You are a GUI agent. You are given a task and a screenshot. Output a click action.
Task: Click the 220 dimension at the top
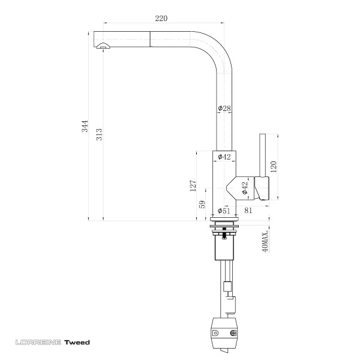pyautogui.click(x=161, y=18)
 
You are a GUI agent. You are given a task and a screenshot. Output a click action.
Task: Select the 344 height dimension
pyautogui.click(x=85, y=126)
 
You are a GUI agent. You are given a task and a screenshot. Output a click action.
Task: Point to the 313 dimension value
pyautogui.click(x=99, y=134)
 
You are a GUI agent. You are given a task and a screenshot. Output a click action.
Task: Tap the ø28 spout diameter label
pyautogui.click(x=224, y=108)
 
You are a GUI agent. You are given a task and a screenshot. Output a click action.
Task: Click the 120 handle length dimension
pyautogui.click(x=274, y=167)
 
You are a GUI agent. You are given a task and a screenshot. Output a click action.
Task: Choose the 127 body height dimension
pyautogui.click(x=193, y=186)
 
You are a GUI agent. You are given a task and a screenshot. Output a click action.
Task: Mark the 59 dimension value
pyautogui.click(x=202, y=205)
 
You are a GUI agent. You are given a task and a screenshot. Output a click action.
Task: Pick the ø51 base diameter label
pyautogui.click(x=224, y=211)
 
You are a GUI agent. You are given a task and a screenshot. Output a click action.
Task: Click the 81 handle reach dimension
pyautogui.click(x=248, y=211)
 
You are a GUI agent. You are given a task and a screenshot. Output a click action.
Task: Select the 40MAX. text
pyautogui.click(x=265, y=241)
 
